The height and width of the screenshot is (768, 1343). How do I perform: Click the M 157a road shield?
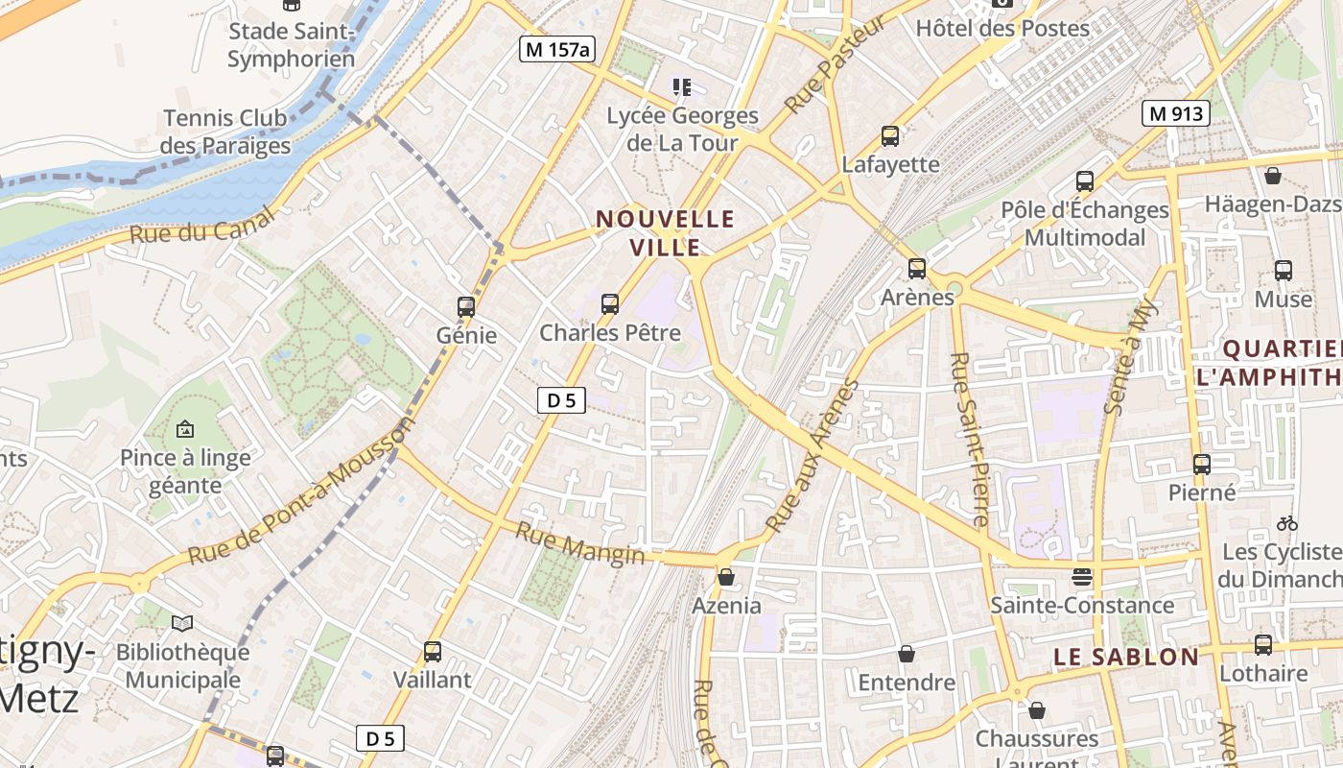click(556, 49)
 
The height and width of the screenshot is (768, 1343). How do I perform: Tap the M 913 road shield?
click(1175, 113)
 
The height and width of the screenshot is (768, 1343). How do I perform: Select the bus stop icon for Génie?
click(466, 307)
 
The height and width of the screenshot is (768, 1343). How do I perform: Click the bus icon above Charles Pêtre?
click(609, 304)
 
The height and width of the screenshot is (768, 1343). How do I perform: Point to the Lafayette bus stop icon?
click(890, 136)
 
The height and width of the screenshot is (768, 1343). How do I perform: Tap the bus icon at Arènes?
click(917, 269)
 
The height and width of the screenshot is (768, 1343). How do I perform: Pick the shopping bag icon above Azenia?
click(726, 577)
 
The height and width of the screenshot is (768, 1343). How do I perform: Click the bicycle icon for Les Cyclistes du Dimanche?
click(1287, 523)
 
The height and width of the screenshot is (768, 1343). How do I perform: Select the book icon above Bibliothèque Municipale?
click(182, 624)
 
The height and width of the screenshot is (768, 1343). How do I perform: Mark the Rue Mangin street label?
click(580, 542)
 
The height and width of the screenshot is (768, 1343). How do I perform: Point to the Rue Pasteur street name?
click(822, 65)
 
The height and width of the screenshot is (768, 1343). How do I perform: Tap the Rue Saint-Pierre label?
click(968, 439)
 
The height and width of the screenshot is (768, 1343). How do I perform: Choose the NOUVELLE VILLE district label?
click(666, 232)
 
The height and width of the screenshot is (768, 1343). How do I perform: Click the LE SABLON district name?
click(1126, 657)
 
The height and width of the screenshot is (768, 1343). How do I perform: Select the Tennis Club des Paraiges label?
click(225, 132)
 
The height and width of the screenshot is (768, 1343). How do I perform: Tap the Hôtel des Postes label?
click(1002, 28)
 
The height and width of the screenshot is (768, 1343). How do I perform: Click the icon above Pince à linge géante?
click(185, 429)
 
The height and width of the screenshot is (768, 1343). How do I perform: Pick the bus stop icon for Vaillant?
click(433, 652)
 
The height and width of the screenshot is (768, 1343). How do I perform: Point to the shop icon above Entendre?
click(907, 654)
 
